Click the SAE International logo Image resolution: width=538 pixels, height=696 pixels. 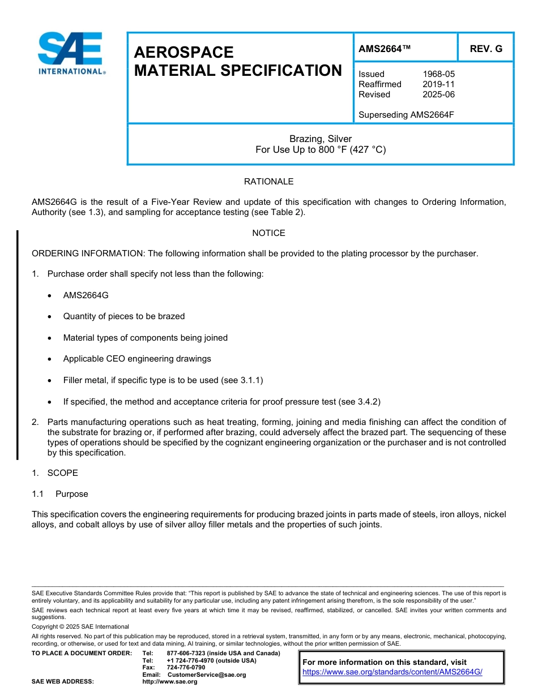[x=70, y=54]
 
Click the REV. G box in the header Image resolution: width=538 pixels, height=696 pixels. [x=486, y=49]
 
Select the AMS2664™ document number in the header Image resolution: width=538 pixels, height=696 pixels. [x=385, y=49]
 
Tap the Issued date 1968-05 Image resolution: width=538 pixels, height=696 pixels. [x=438, y=74]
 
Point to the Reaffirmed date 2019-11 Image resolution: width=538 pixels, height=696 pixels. [x=438, y=84]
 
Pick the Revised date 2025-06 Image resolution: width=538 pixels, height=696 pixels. [x=438, y=94]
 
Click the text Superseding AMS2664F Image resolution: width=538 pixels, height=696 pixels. [x=406, y=115]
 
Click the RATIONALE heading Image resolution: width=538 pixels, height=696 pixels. [x=268, y=182]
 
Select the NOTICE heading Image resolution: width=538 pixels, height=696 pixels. [x=268, y=233]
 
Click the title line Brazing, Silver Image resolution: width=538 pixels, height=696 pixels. [x=321, y=139]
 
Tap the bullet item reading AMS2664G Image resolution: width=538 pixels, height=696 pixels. [x=86, y=295]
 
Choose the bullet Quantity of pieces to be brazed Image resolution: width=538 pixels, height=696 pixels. [x=123, y=316]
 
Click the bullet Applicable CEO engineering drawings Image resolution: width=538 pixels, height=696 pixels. [x=137, y=359]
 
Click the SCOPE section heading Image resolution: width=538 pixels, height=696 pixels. [x=62, y=473]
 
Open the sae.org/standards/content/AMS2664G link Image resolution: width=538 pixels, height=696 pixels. [x=392, y=672]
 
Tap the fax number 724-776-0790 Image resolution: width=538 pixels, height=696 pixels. [x=186, y=668]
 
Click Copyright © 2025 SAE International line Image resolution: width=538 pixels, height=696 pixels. [x=80, y=626]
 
